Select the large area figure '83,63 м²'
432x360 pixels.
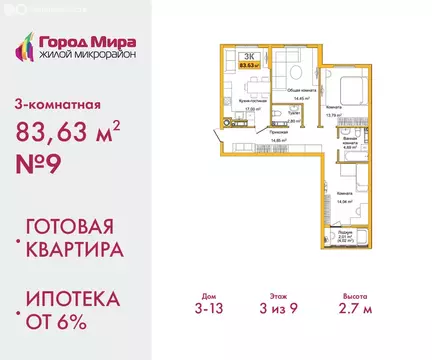coord(74,129)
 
